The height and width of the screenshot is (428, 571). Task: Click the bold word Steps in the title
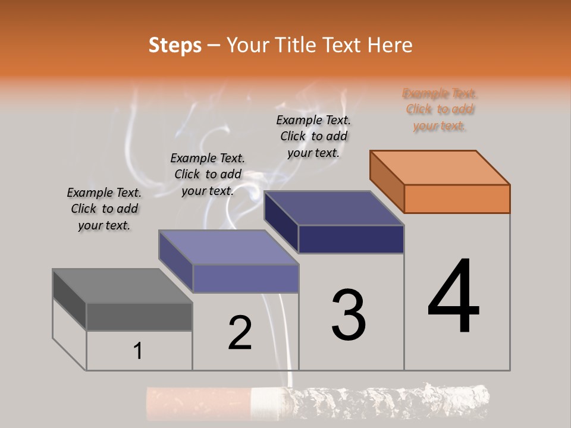click(x=175, y=45)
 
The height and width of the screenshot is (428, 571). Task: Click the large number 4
click(x=453, y=297)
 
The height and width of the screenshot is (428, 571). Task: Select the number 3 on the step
click(x=349, y=315)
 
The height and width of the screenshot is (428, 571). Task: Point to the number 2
click(x=240, y=333)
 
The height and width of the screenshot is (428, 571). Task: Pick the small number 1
click(x=138, y=351)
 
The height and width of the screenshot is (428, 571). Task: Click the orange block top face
click(x=440, y=168)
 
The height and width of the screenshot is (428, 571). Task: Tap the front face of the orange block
click(x=457, y=199)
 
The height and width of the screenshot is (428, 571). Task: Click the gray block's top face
click(x=122, y=286)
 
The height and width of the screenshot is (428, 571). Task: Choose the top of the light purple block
click(x=228, y=247)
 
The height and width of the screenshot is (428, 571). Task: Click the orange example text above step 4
click(x=440, y=109)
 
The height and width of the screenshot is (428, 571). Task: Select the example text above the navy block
click(x=313, y=136)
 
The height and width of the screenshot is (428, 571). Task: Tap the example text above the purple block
click(x=208, y=174)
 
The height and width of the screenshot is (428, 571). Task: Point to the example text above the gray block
click(x=104, y=209)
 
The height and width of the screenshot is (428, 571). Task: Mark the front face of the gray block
click(x=139, y=317)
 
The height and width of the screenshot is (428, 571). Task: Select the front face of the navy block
click(x=351, y=240)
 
